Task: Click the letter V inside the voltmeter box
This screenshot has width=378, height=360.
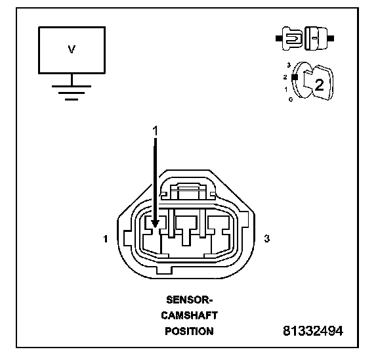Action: pos(72,49)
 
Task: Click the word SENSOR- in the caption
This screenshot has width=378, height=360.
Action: pos(190,300)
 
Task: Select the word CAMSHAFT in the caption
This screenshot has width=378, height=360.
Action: pos(190,315)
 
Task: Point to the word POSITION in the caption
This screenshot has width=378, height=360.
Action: pos(190,331)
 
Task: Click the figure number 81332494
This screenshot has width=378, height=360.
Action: pos(313,331)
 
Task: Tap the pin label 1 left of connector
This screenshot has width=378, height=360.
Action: pos(106,239)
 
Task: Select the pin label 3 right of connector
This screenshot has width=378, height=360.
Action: pos(267,238)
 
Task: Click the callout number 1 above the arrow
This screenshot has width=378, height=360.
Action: pos(156,131)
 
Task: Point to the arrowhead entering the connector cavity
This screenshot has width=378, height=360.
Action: pos(155,223)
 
